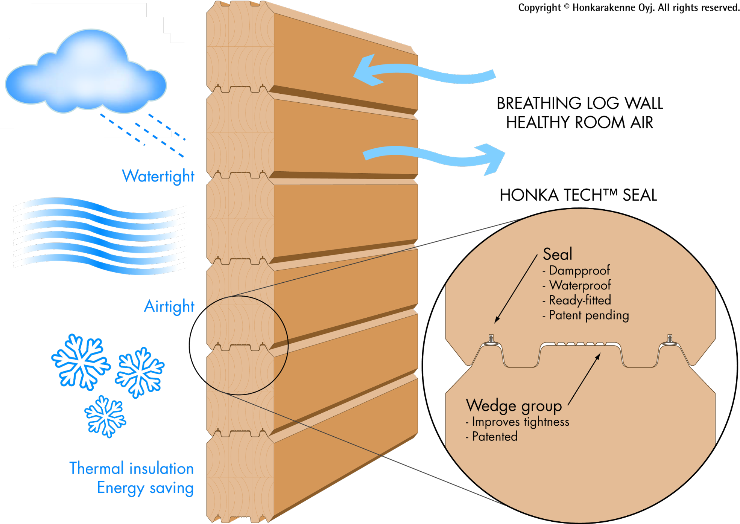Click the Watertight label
pyautogui.click(x=158, y=176)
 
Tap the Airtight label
pyautogui.click(x=169, y=306)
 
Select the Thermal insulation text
pyautogui.click(x=131, y=469)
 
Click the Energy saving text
pyautogui.click(x=145, y=488)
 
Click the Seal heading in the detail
pyautogui.click(x=557, y=254)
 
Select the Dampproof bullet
pyautogui.click(x=579, y=270)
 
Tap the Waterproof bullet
pyautogui.click(x=580, y=285)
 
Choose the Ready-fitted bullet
pyautogui.click(x=580, y=300)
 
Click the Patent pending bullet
pyautogui.click(x=589, y=315)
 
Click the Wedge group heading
pyautogui.click(x=514, y=406)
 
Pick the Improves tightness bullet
pyautogui.click(x=520, y=422)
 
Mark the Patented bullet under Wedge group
pyautogui.click(x=494, y=437)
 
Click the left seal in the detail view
pyautogui.click(x=491, y=340)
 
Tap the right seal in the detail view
pyautogui.click(x=670, y=340)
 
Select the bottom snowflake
pyautogui.click(x=105, y=416)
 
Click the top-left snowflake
pyautogui.click(x=81, y=362)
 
